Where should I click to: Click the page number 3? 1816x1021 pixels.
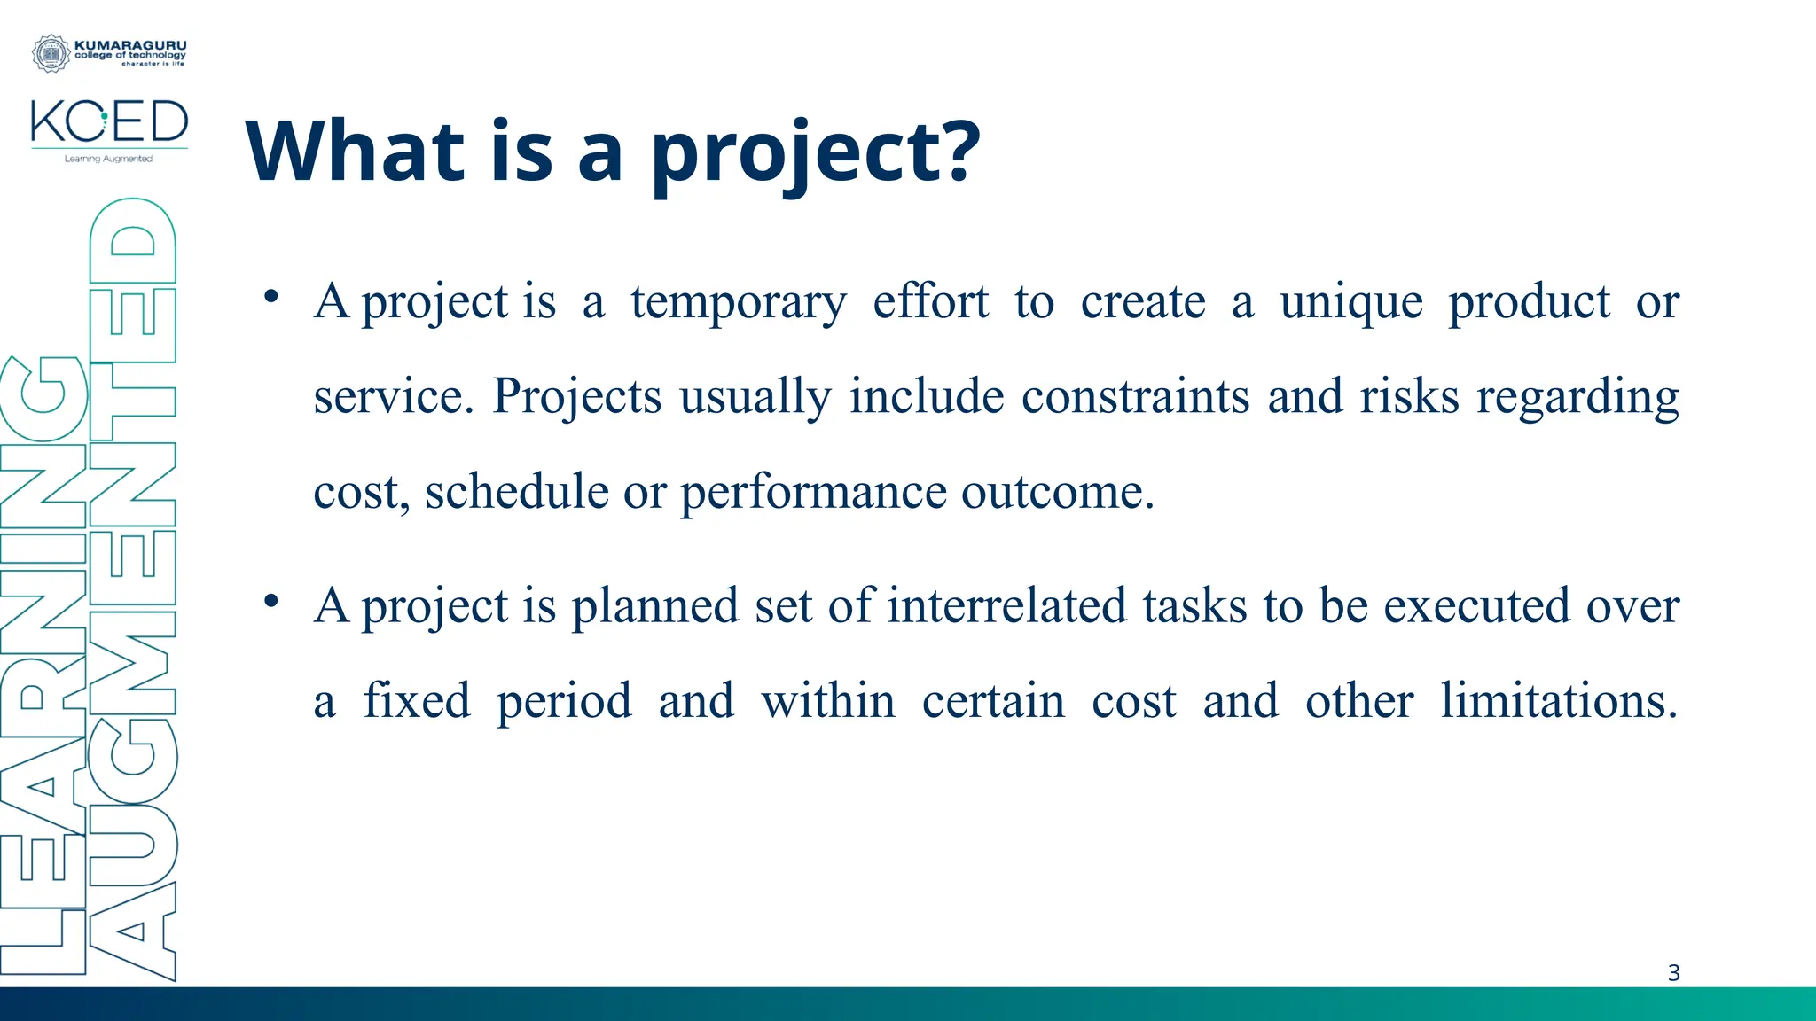coord(1673,973)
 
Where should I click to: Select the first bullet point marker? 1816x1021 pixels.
coord(272,296)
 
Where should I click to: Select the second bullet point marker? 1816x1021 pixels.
coord(272,601)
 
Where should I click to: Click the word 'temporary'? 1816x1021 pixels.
coord(739,303)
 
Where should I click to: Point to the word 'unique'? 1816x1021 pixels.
coord(1350,303)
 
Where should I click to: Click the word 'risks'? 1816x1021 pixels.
coord(1409,396)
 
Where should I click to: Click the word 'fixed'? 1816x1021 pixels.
coord(417,701)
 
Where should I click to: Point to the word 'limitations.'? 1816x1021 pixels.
coord(1559,701)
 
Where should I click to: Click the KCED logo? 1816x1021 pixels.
coord(109,122)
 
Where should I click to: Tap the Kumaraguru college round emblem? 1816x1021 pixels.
coord(51,54)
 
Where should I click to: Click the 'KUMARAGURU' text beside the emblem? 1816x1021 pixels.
coord(130,44)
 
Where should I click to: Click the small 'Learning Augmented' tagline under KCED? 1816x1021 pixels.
coord(108,160)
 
